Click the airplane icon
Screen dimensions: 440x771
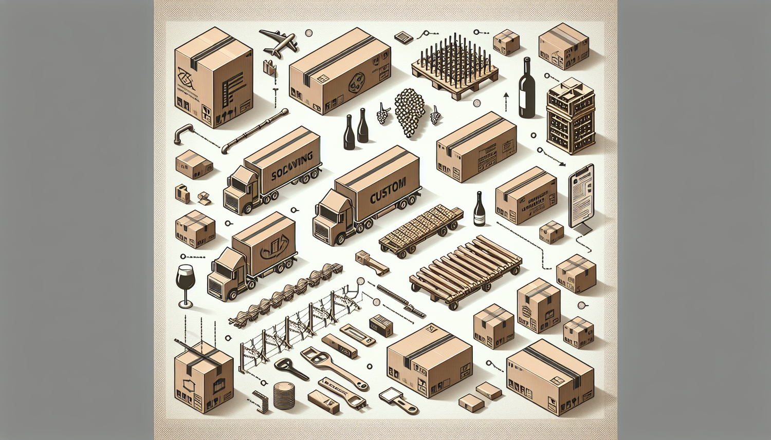(x=279, y=42)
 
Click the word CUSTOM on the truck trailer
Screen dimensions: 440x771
(x=388, y=191)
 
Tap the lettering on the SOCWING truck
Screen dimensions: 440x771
(x=291, y=166)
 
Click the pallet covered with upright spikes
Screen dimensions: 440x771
(x=454, y=69)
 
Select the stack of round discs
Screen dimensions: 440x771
(x=284, y=396)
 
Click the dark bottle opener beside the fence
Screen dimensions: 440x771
(x=291, y=370)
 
